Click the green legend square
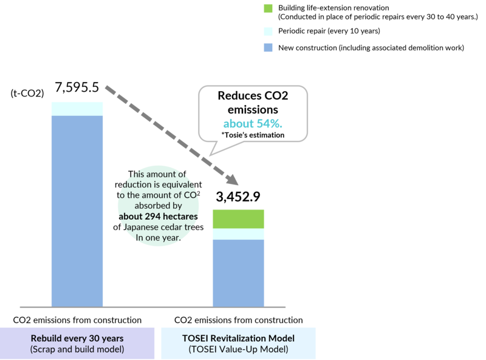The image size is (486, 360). point(268,8)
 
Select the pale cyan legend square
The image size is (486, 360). point(268,32)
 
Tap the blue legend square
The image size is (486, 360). point(268,47)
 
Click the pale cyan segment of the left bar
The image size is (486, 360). point(77,108)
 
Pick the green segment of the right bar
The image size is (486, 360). point(238,219)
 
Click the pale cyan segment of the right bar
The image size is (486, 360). point(238,234)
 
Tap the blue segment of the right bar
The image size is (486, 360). point(238,273)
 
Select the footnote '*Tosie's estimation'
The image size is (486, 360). point(253,135)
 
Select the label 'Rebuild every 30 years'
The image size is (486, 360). point(77,338)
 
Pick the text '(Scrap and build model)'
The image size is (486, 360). point(77,350)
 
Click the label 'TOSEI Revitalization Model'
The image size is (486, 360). point(238,338)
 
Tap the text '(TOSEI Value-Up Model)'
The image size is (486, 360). point(238,350)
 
